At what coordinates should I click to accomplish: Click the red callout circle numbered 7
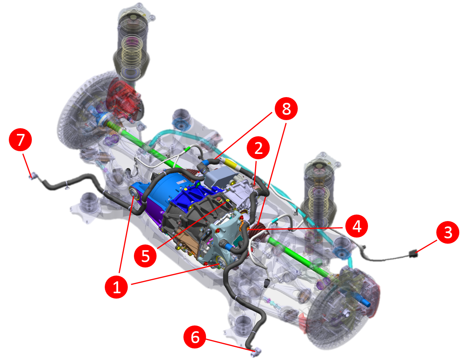point(20,140)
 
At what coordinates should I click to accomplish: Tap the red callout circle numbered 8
point(286,109)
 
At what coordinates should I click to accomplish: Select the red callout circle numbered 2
point(258,148)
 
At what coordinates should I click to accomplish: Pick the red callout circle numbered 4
point(356,226)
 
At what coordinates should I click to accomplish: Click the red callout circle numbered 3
point(447,232)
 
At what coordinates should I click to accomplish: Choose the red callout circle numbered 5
point(145,256)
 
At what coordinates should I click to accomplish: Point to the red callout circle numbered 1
point(116,287)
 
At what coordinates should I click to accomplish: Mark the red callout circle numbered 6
point(195,337)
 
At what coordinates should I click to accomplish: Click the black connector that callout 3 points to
point(413,254)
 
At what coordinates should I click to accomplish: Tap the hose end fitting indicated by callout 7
point(33,176)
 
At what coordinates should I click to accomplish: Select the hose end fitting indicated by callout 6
point(256,352)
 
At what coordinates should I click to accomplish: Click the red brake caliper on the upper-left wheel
point(123,98)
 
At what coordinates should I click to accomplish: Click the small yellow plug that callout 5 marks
point(228,200)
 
